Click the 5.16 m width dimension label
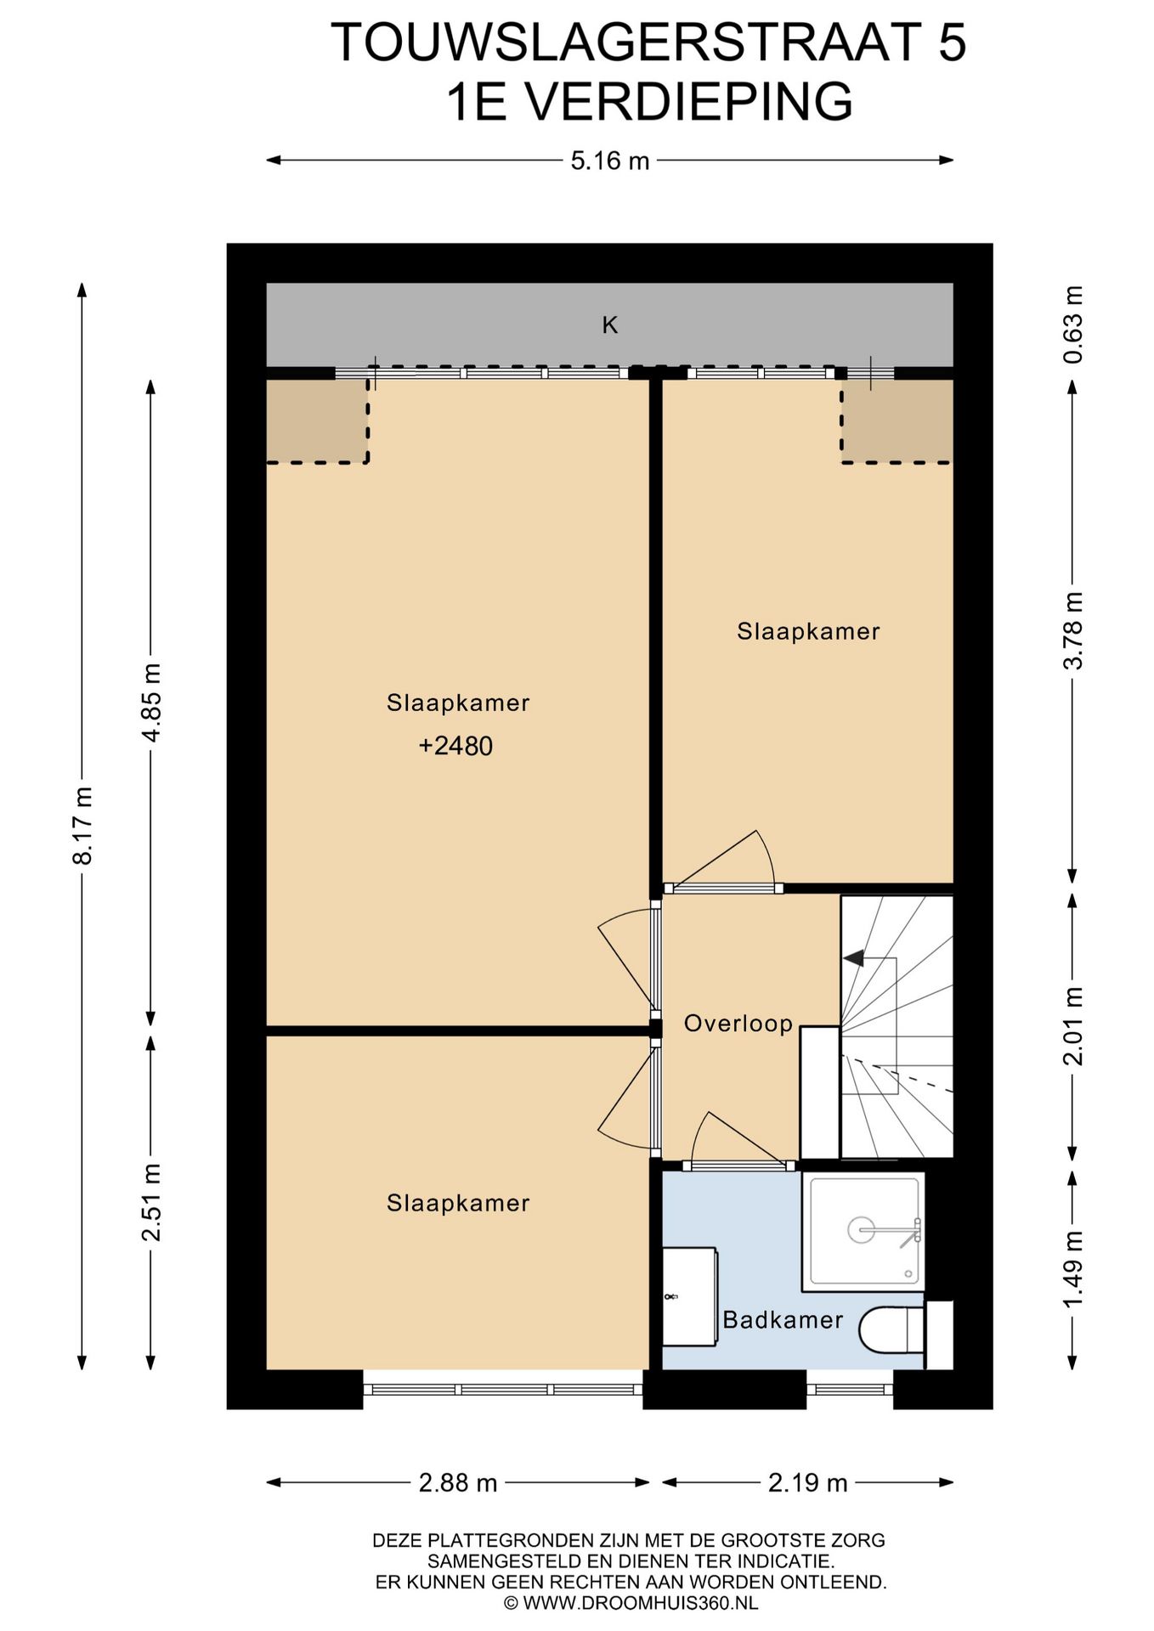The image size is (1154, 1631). (x=609, y=161)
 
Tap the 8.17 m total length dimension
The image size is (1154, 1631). (x=82, y=826)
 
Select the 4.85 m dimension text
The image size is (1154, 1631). (x=151, y=703)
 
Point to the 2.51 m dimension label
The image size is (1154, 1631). (x=151, y=1202)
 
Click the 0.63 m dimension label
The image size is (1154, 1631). (x=1074, y=325)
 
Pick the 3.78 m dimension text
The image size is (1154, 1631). (x=1074, y=631)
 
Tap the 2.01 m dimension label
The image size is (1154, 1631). (x=1074, y=1026)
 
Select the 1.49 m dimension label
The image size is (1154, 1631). (x=1074, y=1270)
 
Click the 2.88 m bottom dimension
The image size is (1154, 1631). (x=458, y=1483)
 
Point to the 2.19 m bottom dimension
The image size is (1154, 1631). (x=808, y=1483)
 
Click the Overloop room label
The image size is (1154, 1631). (x=738, y=1024)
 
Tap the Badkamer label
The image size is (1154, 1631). (x=783, y=1320)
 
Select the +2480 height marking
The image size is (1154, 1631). (x=455, y=746)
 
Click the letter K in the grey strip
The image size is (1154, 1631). (x=610, y=325)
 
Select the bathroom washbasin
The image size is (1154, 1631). (x=689, y=1296)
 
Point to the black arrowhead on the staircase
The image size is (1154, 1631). (x=853, y=958)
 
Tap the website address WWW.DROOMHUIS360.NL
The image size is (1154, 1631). (x=641, y=1604)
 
